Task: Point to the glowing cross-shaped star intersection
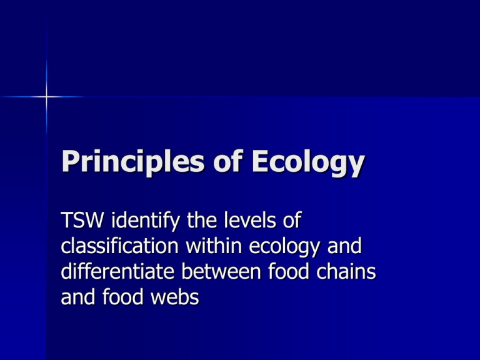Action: click(x=46, y=96)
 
